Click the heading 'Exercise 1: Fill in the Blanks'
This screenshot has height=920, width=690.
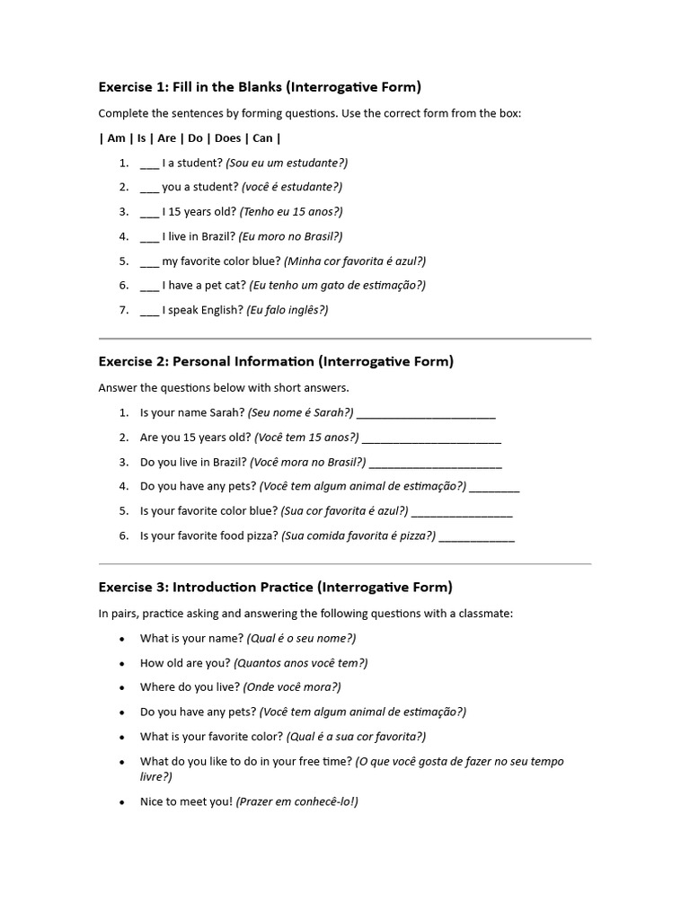coord(259,87)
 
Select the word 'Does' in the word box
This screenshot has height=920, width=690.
coord(227,138)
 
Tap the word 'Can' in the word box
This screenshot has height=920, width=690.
coord(262,138)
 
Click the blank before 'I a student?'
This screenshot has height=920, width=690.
coord(149,164)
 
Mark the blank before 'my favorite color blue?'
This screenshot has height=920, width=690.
coord(149,261)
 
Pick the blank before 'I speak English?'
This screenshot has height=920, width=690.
coord(149,311)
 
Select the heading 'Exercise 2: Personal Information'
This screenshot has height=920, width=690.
coord(276,362)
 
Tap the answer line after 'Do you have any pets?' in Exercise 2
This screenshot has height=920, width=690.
coord(494,489)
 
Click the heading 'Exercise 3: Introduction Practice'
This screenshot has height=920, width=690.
coord(275,588)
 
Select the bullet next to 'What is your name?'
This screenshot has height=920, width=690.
coord(122,639)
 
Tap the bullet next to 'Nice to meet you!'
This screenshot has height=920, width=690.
coord(122,802)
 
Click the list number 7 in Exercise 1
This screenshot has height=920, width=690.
coord(124,311)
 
